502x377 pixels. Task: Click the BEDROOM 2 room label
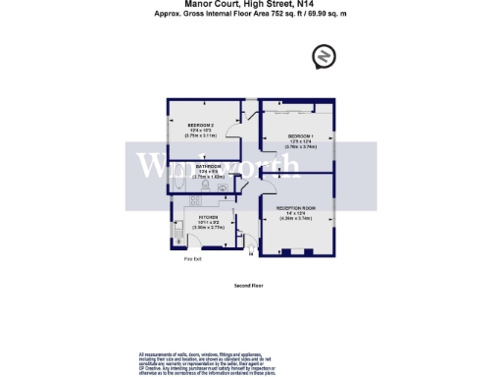point(200,125)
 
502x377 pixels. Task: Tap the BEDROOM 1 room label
point(300,135)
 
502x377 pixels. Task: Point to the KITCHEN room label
point(208,217)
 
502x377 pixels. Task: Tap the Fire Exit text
point(191,260)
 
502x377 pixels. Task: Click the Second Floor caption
point(250,286)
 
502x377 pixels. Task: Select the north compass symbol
point(325,58)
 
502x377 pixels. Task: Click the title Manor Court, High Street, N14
point(251,5)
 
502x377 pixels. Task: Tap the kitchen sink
point(180,235)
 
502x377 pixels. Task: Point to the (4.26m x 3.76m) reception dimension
point(295,219)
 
